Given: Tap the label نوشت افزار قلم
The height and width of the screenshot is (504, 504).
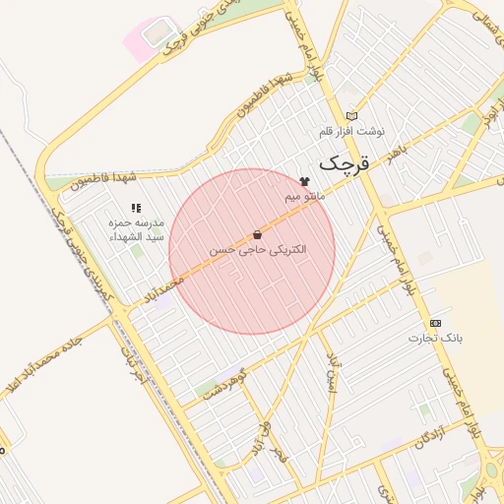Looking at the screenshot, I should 352,131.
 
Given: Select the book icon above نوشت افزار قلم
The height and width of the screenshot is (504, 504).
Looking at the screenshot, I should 352,116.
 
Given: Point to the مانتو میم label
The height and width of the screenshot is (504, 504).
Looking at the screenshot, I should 305,197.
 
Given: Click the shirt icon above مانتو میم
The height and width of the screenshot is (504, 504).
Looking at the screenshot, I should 304,182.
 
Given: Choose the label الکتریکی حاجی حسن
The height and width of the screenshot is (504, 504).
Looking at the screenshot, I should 258,250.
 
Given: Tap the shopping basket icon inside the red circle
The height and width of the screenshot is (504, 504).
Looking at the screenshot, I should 258,235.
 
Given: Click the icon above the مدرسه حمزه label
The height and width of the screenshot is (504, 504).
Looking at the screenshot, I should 137,208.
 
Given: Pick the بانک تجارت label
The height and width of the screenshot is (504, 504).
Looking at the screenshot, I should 435,338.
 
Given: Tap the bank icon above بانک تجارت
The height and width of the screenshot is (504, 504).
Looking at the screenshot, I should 435,323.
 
